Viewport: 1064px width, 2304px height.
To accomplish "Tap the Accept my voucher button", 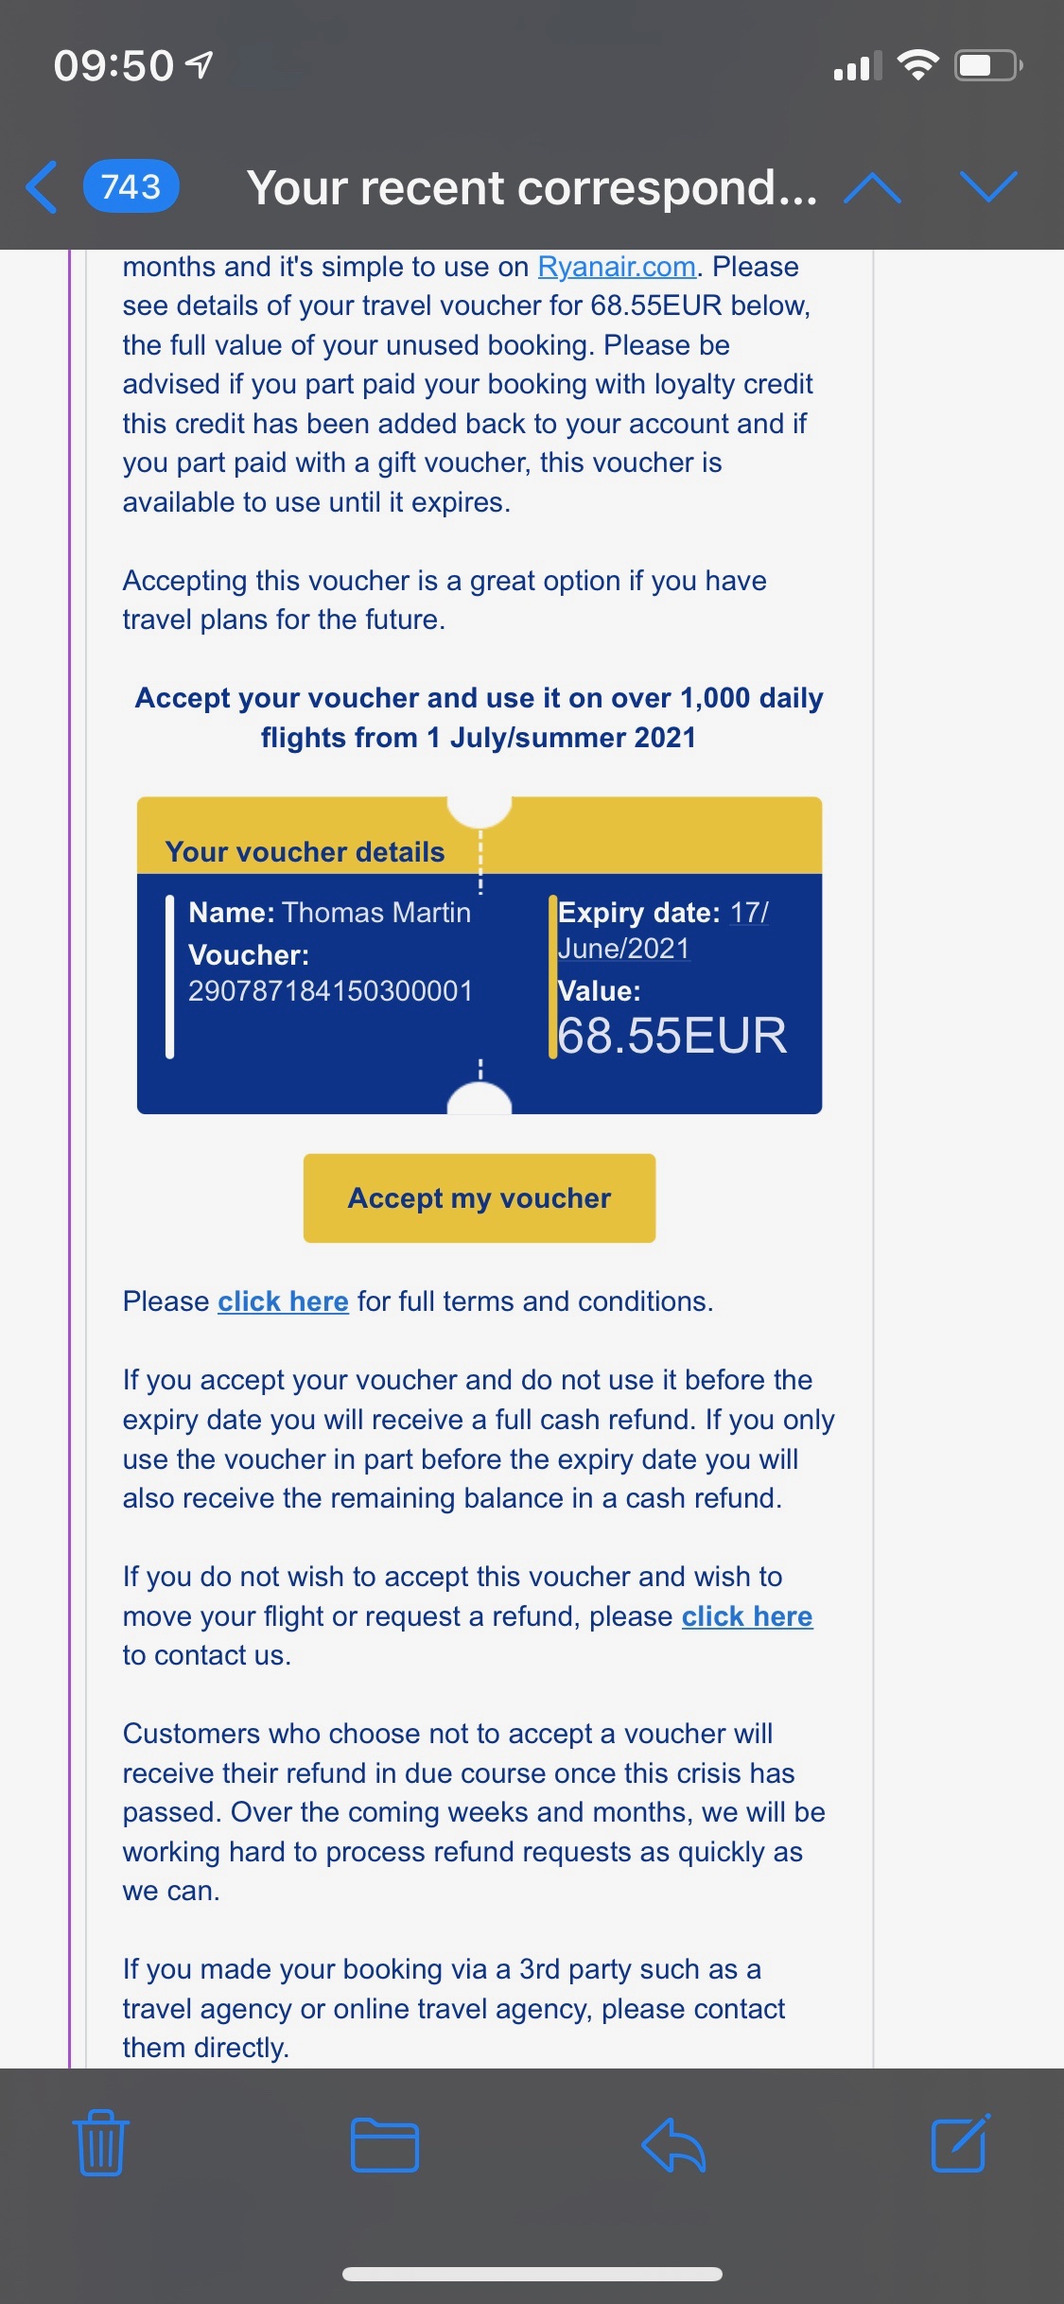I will [x=479, y=1197].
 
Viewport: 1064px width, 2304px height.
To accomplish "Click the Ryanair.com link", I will [x=617, y=267].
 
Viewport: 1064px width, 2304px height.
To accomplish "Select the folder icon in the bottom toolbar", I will [x=384, y=2143].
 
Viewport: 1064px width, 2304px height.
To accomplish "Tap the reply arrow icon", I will [x=673, y=2143].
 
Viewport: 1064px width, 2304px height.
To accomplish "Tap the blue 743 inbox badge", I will [x=131, y=186].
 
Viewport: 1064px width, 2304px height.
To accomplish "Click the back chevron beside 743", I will [x=42, y=186].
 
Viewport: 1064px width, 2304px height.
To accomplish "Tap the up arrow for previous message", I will [x=872, y=187].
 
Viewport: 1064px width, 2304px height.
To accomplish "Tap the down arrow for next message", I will [x=988, y=186].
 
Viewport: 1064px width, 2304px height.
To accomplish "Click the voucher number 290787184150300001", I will [x=330, y=990].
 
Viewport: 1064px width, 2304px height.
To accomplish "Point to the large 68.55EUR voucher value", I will [x=672, y=1035].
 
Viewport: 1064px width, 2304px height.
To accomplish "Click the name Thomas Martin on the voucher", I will [x=376, y=912].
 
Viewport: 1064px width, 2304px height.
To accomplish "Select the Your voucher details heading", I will [x=305, y=851].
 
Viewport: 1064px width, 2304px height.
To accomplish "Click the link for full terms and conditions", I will [x=283, y=1301].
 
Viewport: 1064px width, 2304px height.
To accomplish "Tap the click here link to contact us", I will [x=746, y=1616].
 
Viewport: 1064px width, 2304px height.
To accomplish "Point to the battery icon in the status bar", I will [x=987, y=65].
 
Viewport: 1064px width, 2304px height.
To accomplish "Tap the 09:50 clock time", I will [x=113, y=65].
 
